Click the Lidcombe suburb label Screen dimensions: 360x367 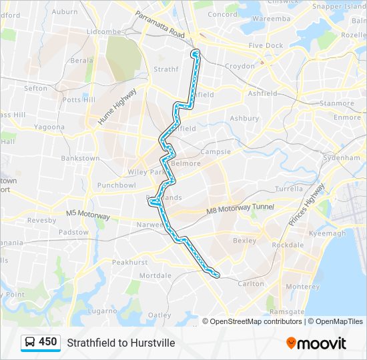[x=103, y=32]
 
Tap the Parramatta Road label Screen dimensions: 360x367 [x=160, y=25]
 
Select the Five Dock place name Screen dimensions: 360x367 [x=266, y=46]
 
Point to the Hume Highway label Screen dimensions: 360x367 [x=117, y=106]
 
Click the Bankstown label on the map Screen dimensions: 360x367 [x=80, y=159]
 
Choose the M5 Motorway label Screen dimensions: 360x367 [x=87, y=214]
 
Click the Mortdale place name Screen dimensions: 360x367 [x=155, y=275]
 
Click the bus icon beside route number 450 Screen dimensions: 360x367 [x=30, y=343]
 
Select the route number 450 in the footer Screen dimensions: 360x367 [x=48, y=342]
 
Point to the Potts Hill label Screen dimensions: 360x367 [x=79, y=99]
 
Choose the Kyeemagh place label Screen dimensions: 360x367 [x=328, y=233]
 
